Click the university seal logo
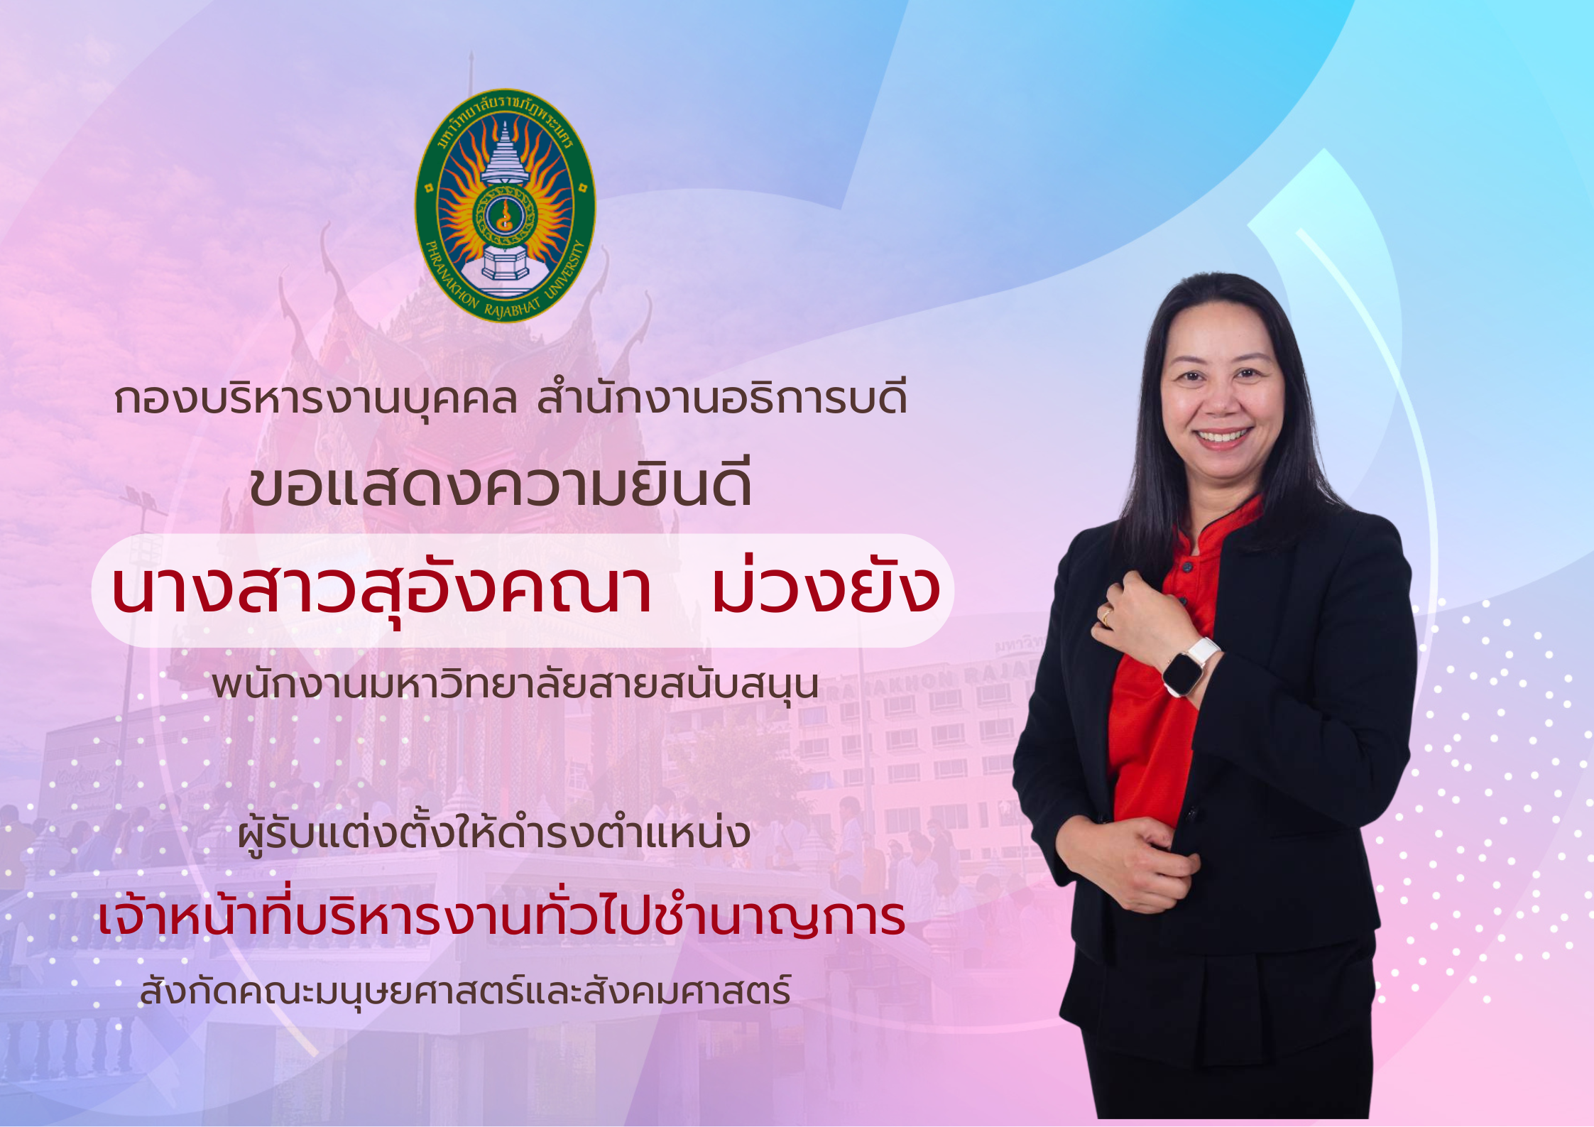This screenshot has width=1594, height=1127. click(x=505, y=206)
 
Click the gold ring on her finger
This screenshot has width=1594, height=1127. click(x=1106, y=616)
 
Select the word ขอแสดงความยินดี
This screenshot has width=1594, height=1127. click(x=501, y=486)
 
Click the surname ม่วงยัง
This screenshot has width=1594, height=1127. click(x=826, y=589)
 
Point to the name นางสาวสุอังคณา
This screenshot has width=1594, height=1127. click(x=381, y=591)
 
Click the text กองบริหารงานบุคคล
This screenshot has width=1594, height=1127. click(x=315, y=399)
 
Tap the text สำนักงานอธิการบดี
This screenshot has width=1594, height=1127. click(x=722, y=399)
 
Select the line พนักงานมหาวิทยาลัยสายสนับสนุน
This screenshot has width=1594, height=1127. click(x=515, y=684)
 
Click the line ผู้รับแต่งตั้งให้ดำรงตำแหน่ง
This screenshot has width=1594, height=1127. click(x=494, y=834)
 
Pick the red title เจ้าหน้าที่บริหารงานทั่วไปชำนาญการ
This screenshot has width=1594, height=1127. click(x=501, y=918)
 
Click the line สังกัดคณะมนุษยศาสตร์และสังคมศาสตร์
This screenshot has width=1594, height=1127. click(x=465, y=991)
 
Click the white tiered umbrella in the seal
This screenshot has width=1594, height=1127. click(x=505, y=153)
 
